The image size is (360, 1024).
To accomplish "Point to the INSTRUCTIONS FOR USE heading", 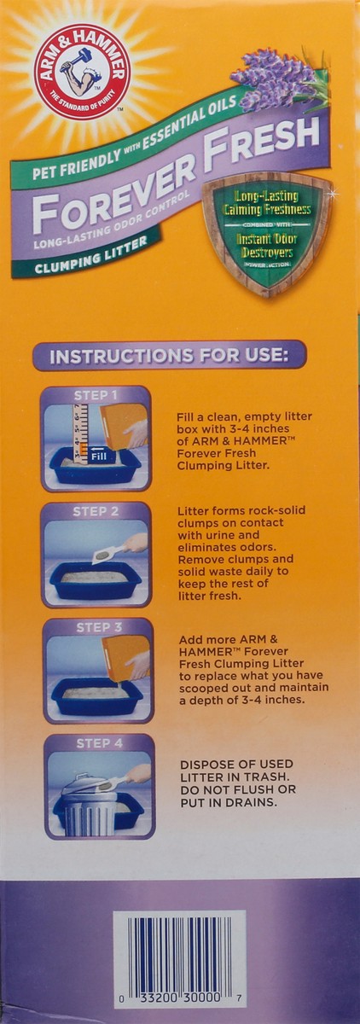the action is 169,356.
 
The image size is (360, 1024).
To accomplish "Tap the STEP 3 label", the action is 99,627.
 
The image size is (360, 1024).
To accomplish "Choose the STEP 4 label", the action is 100,743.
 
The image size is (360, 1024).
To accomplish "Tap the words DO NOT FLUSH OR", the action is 238,789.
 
